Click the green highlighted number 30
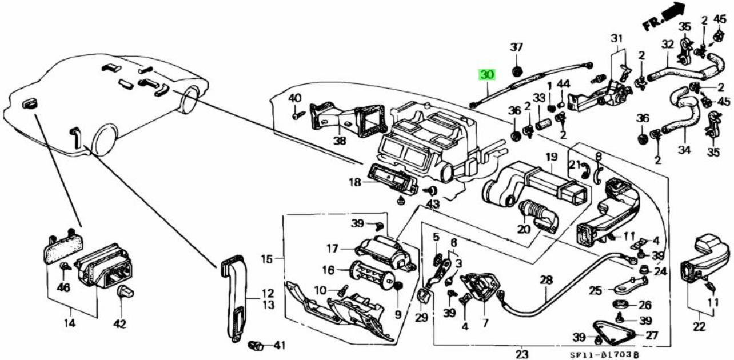coord(486,75)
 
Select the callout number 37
coord(516,47)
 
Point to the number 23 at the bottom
coord(522,354)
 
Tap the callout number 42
coord(119,324)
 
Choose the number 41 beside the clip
coord(278,345)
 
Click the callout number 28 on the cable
coord(546,281)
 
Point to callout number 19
coord(550,157)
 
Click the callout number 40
coord(294,98)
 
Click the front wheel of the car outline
coord(105,139)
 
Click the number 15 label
coord(267,259)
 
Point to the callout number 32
coord(668,43)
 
